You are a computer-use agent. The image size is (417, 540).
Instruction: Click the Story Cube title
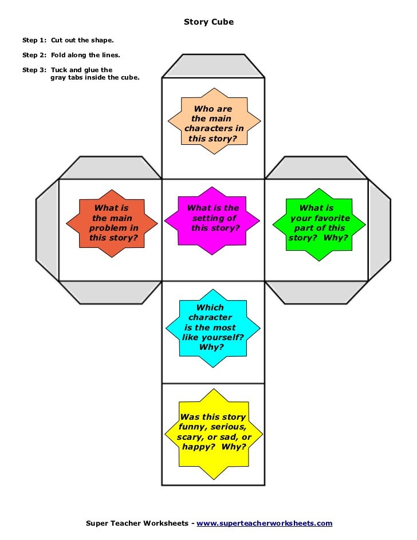coord(208,22)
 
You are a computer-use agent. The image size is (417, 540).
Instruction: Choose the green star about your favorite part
coord(318,223)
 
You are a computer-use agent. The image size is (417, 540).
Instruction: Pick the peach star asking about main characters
coord(214,123)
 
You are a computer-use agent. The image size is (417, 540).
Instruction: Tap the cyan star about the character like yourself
coord(213,327)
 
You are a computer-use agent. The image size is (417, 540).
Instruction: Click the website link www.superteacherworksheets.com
coord(264,523)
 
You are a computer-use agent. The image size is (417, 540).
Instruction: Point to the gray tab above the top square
coord(213,66)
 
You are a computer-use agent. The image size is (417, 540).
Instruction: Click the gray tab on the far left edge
coord(48,230)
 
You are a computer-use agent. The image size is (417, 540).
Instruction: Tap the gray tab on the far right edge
coord(379,230)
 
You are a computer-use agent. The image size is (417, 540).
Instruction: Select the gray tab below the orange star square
coord(110,291)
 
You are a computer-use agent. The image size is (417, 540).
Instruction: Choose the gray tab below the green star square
coord(316,291)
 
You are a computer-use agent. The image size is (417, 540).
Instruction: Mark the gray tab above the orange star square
coord(110,168)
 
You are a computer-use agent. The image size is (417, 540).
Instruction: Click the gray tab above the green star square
coord(316,168)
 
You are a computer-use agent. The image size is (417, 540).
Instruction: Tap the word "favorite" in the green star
coord(329,218)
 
